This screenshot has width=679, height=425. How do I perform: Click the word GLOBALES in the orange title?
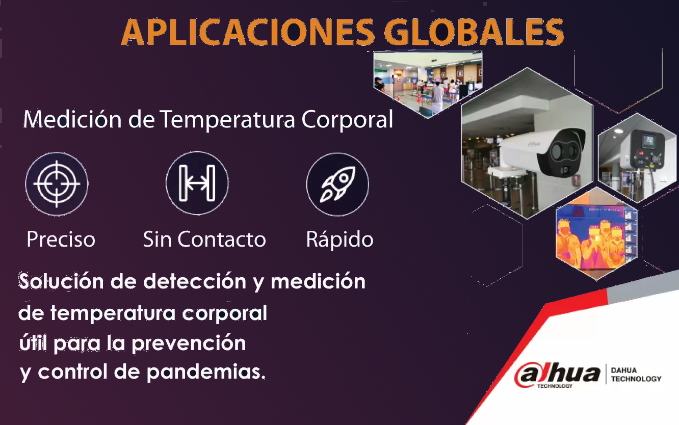coord(474,32)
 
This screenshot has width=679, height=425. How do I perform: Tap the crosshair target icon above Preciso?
coord(57,183)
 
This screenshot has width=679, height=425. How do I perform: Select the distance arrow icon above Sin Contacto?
coord(197,183)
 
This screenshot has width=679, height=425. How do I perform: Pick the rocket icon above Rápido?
coord(337,184)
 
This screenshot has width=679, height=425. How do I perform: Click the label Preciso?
coord(61,240)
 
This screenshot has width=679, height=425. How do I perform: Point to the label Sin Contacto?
coord(204,240)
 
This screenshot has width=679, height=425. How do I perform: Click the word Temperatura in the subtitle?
coord(227,120)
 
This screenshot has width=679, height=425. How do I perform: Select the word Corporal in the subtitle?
coord(347,120)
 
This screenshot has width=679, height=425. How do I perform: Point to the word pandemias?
coord(206,372)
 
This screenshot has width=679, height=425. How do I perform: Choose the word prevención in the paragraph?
coord(189,343)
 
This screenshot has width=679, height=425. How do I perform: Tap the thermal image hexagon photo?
coord(596,234)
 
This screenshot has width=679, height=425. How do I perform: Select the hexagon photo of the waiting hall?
coord(428,84)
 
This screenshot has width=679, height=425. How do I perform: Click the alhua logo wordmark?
coord(557,375)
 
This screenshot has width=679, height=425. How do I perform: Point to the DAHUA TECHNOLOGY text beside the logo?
coord(636,375)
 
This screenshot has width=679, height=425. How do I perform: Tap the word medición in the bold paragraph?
coord(318,281)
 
